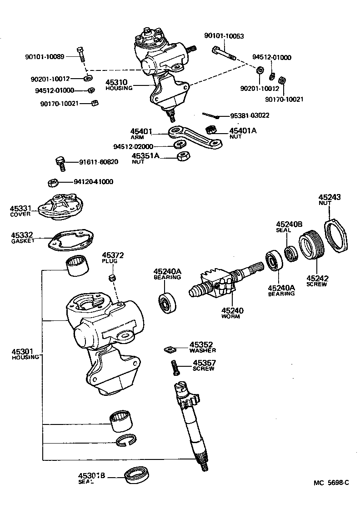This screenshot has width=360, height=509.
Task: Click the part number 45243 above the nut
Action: (329, 197)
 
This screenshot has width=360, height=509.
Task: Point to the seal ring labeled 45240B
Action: (290, 253)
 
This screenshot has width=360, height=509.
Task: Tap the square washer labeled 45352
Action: (170, 349)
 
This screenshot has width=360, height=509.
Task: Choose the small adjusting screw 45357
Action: (174, 367)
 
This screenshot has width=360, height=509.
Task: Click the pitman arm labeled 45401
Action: (195, 139)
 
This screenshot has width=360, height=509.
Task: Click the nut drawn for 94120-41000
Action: (53, 183)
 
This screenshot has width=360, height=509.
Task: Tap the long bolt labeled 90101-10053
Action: (223, 53)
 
